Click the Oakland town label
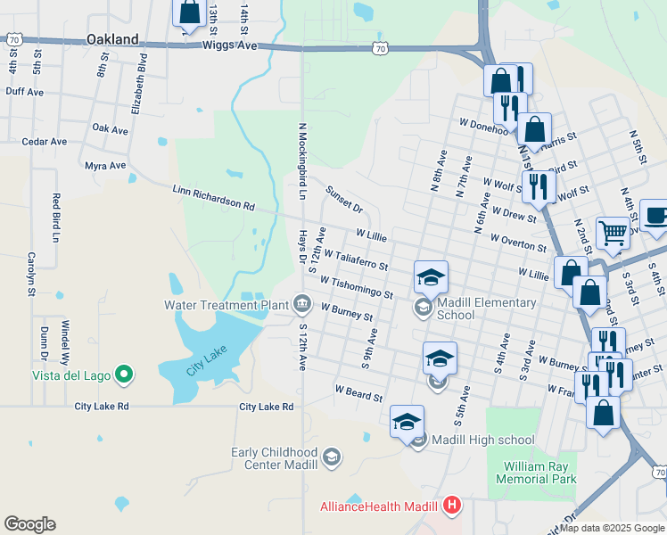click(113, 39)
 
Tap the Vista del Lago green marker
click(125, 375)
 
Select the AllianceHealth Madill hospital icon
click(452, 506)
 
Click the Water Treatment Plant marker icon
click(302, 305)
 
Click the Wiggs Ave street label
click(230, 45)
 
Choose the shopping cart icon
click(613, 233)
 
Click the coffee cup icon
click(655, 217)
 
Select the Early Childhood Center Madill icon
click(332, 458)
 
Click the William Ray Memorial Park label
click(539, 473)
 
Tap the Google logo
click(29, 524)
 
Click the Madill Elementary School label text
click(486, 309)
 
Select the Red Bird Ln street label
click(55, 218)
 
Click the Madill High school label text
click(483, 440)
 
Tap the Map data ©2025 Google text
click(612, 528)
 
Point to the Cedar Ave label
click(45, 142)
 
